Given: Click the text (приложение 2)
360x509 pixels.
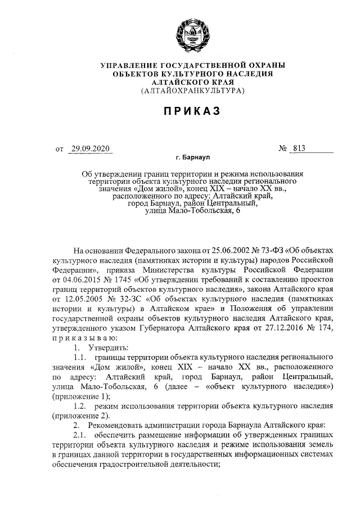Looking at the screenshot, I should coord(80,415).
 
